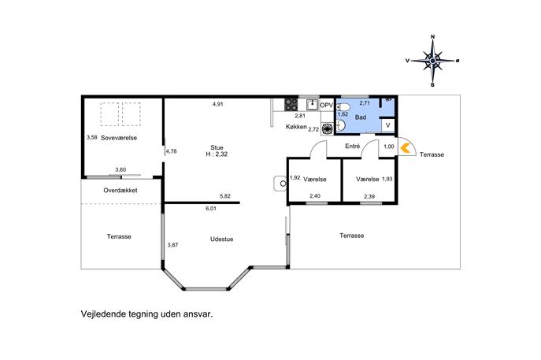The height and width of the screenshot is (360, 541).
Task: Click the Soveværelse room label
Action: pyautogui.click(x=119, y=138)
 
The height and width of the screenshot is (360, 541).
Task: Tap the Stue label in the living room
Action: pyautogui.click(x=217, y=147)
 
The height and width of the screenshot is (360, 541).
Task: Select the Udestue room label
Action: pyautogui.click(x=222, y=239)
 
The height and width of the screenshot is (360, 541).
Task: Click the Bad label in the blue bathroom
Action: pyautogui.click(x=361, y=117)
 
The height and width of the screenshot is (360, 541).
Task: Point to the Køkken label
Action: pyautogui.click(x=296, y=127)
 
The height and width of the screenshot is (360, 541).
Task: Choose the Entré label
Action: pyautogui.click(x=353, y=147)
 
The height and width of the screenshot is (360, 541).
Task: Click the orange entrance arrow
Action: pyautogui.click(x=405, y=148)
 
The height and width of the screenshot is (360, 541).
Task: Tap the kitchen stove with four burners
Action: pyautogui.click(x=291, y=105)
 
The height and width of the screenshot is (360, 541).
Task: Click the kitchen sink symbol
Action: pyautogui.click(x=313, y=104)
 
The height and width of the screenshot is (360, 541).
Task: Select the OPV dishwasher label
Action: pyautogui.click(x=327, y=105)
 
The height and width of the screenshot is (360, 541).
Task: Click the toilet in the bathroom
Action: pyautogui.click(x=340, y=106)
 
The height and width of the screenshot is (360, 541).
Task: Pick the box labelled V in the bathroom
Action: pyautogui.click(x=387, y=125)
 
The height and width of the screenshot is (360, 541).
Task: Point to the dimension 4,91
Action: pyautogui.click(x=217, y=104)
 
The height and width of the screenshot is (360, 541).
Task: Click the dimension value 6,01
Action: pyautogui.click(x=211, y=209)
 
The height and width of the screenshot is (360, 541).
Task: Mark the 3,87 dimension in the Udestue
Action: pyautogui.click(x=173, y=245)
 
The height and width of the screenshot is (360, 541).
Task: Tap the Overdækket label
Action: pyautogui.click(x=120, y=191)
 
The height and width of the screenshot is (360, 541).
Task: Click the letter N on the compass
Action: pyautogui.click(x=433, y=36)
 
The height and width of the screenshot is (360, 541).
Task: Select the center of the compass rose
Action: pyautogui.click(x=432, y=61)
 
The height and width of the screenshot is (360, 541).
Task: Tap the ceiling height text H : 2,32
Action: pyautogui.click(x=217, y=154)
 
